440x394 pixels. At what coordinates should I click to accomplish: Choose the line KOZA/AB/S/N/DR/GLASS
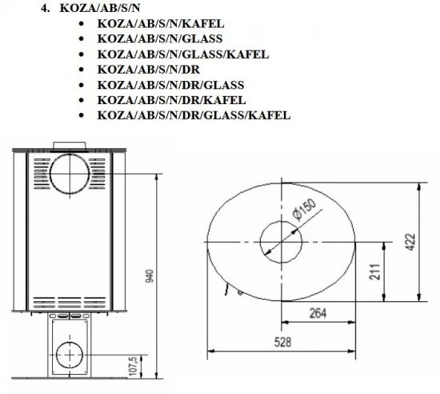pyautogui.click(x=170, y=84)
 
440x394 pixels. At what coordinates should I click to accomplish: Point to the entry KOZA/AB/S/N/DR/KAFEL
pyautogui.click(x=170, y=99)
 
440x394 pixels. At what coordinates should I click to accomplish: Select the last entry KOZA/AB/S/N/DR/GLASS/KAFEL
pyautogui.click(x=193, y=115)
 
